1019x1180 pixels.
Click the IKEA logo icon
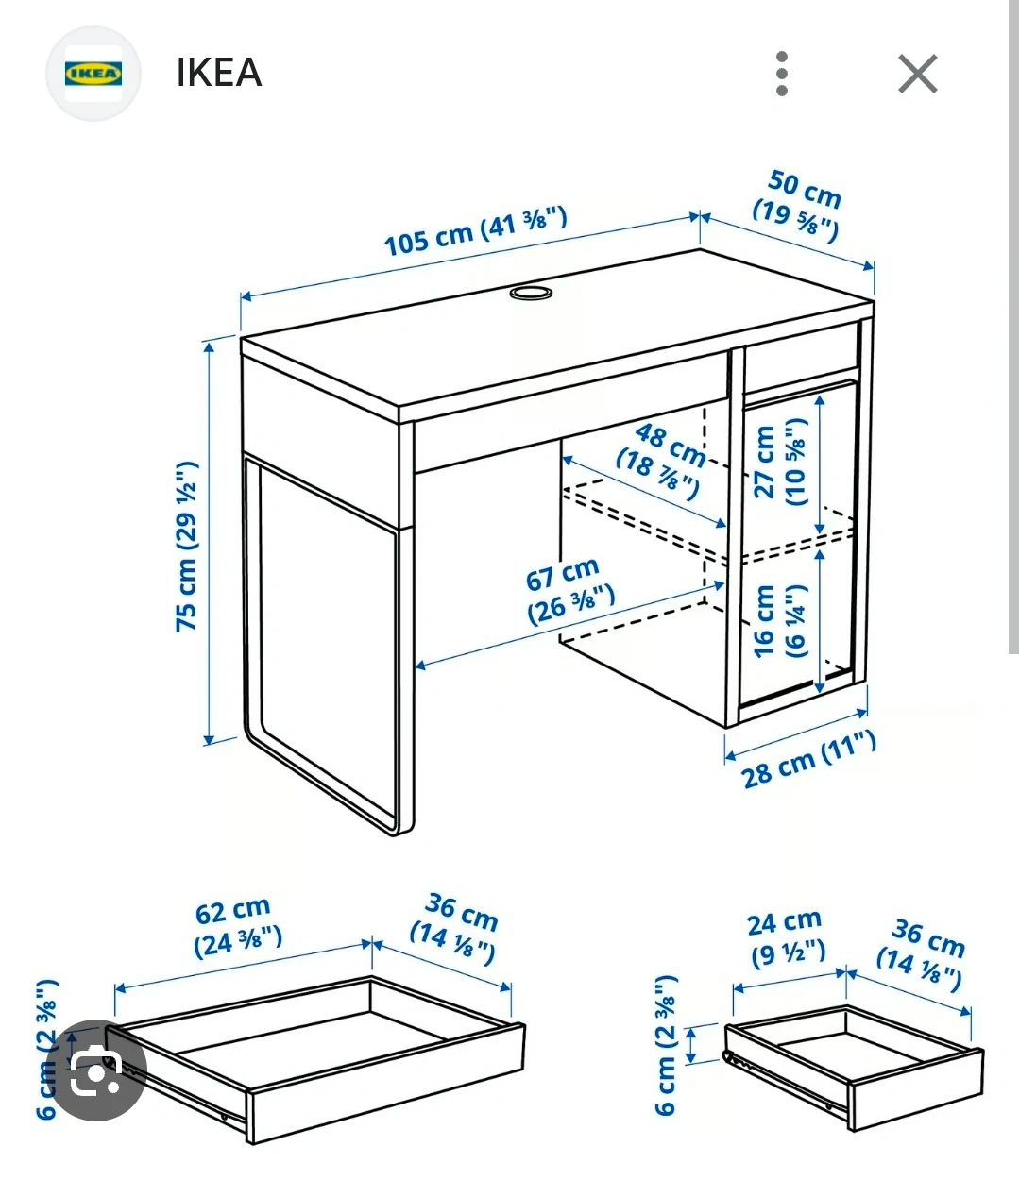tap(93, 74)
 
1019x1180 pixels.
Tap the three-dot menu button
tap(782, 75)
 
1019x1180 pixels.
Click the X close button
tap(917, 74)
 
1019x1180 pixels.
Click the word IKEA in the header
tap(219, 73)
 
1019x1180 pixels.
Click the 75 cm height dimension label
tap(187, 546)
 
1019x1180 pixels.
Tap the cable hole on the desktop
tap(531, 293)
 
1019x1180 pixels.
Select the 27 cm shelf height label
tap(780, 462)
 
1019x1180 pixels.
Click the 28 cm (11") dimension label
tap(808, 760)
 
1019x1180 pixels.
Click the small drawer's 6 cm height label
tap(665, 1046)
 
